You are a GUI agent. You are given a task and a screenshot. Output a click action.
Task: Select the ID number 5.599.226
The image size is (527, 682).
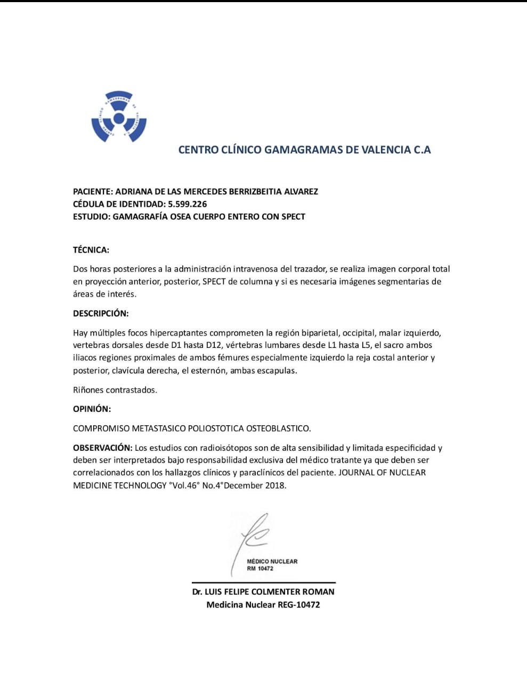pyautogui.click(x=187, y=204)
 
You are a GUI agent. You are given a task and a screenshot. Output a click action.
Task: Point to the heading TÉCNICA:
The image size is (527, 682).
pyautogui.click(x=91, y=250)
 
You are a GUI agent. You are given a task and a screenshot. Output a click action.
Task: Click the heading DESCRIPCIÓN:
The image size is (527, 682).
pyautogui.click(x=101, y=313)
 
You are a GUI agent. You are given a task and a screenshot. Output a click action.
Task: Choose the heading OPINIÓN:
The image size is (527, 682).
pyautogui.click(x=92, y=409)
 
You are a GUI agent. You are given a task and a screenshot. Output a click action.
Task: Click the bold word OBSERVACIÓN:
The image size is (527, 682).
pyautogui.click(x=102, y=448)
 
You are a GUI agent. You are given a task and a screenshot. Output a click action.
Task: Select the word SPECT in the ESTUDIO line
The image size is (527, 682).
pyautogui.click(x=291, y=216)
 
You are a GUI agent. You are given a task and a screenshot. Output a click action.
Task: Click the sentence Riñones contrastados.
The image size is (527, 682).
pyautogui.click(x=115, y=390)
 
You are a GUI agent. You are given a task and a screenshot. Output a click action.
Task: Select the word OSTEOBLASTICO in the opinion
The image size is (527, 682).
pyautogui.click(x=279, y=428)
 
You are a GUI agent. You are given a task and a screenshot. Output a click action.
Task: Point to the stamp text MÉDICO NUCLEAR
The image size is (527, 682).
pyautogui.click(x=272, y=562)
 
